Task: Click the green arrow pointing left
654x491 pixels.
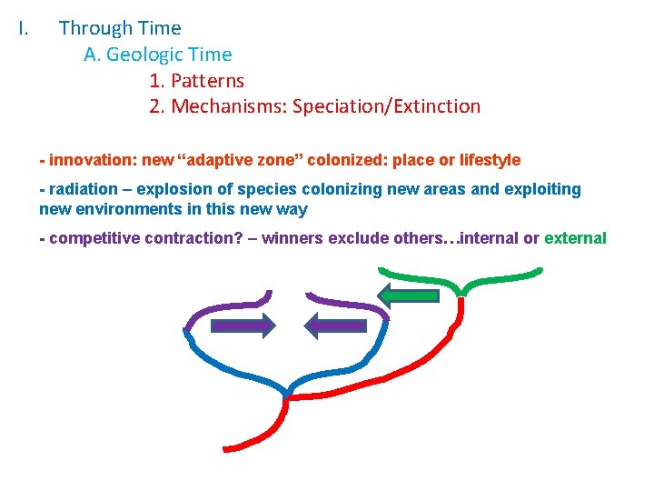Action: (408, 294)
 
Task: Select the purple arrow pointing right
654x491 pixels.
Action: (243, 325)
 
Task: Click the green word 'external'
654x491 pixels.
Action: (575, 238)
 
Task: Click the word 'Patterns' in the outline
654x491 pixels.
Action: (208, 80)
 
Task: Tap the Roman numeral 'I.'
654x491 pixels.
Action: (25, 28)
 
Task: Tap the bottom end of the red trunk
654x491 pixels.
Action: (227, 447)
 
